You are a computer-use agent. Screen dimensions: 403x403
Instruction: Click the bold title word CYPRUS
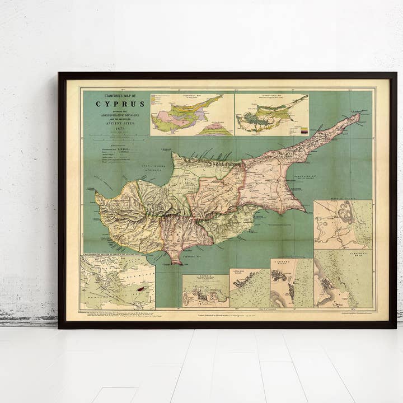point(120,104)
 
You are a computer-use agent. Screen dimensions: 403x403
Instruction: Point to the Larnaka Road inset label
point(292,262)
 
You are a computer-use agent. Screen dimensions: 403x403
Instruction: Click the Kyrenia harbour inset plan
point(205,291)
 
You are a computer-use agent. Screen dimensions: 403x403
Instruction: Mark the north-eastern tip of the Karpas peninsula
point(359,115)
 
